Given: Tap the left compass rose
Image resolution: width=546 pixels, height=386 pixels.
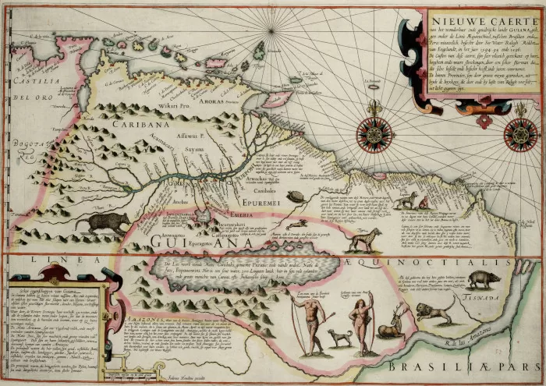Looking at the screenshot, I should click(375, 134).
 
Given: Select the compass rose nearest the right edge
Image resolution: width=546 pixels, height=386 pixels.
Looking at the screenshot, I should click(520, 134).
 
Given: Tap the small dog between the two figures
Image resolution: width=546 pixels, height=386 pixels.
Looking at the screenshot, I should click(339, 338).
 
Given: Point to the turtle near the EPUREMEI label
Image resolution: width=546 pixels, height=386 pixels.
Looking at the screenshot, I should click(296, 197).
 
